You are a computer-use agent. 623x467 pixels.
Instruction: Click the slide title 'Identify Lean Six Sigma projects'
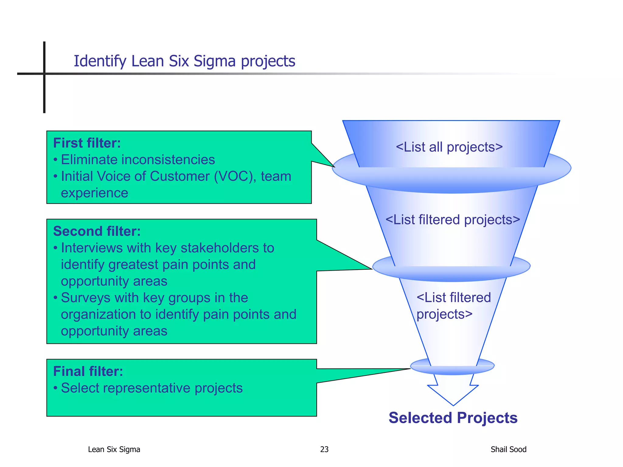pyautogui.click(x=184, y=61)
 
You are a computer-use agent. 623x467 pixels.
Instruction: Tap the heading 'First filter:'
pyautogui.click(x=87, y=143)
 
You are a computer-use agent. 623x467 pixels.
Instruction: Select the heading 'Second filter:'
pyautogui.click(x=97, y=231)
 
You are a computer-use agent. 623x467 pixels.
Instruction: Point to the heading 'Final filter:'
pyautogui.click(x=88, y=372)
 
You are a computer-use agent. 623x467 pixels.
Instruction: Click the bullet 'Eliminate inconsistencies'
pyautogui.click(x=138, y=160)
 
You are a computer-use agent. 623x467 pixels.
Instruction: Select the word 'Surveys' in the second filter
pyautogui.click(x=85, y=298)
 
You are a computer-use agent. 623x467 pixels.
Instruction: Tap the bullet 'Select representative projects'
pyautogui.click(x=151, y=388)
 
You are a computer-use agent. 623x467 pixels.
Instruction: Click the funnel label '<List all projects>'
pyautogui.click(x=449, y=147)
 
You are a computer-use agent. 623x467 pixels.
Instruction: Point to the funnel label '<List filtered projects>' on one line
pyautogui.click(x=453, y=220)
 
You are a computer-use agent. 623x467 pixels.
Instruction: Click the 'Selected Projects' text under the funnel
pyautogui.click(x=453, y=418)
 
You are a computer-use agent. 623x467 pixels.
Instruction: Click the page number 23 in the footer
pyautogui.click(x=324, y=449)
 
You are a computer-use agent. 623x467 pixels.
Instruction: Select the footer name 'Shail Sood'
pyautogui.click(x=508, y=449)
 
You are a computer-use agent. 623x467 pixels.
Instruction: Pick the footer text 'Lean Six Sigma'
pyautogui.click(x=114, y=449)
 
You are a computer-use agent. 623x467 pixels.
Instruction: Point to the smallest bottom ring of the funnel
pyautogui.click(x=452, y=370)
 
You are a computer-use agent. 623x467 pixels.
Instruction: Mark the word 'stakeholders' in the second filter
pyautogui.click(x=219, y=248)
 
